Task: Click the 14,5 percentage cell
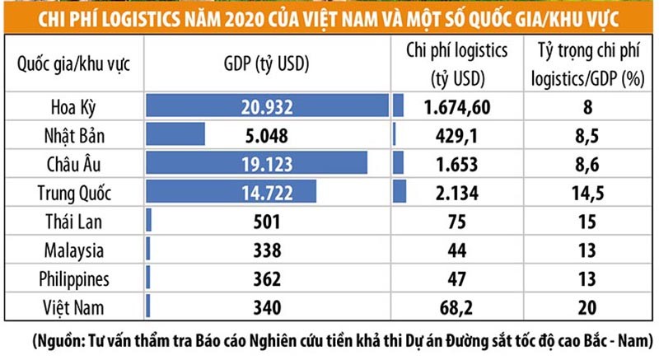[587, 192]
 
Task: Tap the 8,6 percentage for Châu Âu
[587, 163]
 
